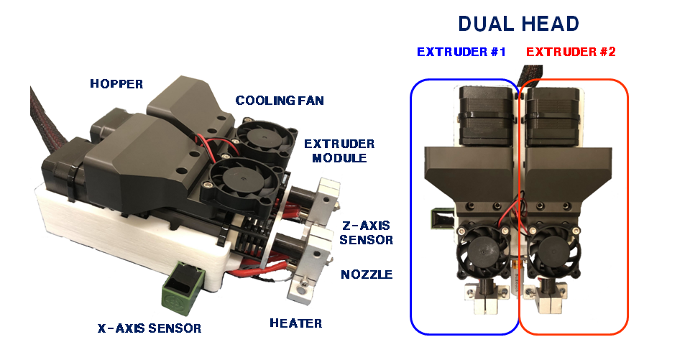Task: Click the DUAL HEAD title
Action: [518, 24]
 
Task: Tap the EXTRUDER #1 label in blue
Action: [462, 52]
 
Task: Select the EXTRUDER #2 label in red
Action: [571, 52]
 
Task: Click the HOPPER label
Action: [116, 84]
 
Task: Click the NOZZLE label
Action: [367, 274]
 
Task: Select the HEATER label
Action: [295, 323]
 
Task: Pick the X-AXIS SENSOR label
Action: [149, 328]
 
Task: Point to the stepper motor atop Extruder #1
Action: [484, 115]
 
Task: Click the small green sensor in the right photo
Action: [437, 219]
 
